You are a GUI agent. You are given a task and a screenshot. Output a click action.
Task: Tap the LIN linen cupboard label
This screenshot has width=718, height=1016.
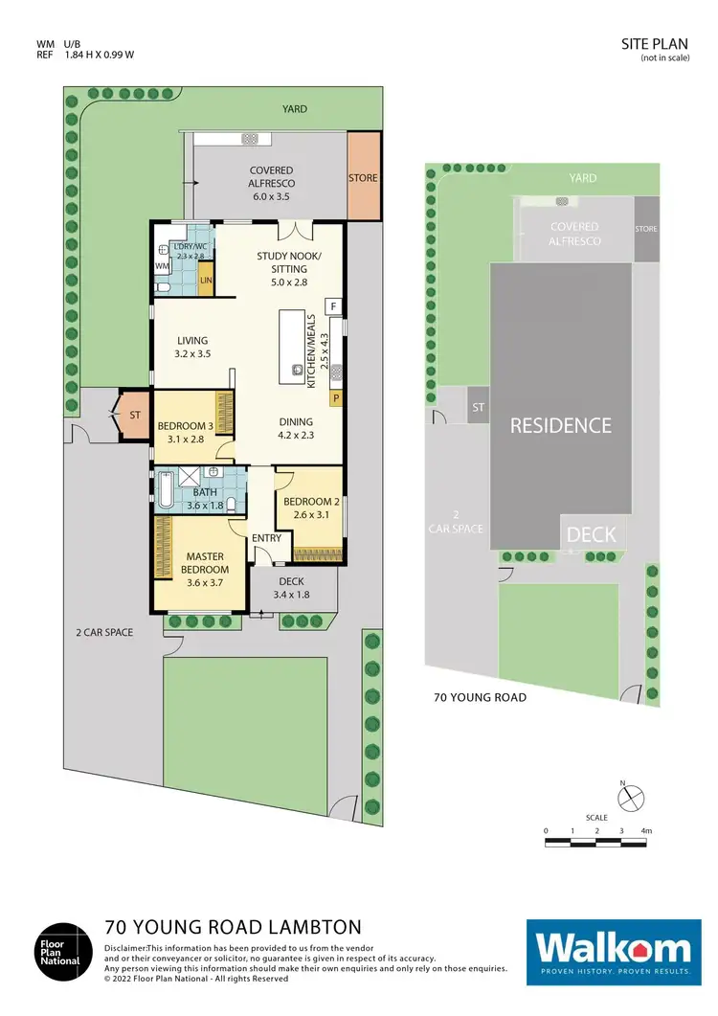(x=206, y=281)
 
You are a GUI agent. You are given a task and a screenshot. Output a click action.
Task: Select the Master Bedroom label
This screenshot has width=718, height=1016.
(x=204, y=563)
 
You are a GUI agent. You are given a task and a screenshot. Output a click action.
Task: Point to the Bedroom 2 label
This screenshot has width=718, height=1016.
(x=309, y=507)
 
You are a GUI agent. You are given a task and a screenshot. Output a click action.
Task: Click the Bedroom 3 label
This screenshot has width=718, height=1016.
(x=183, y=432)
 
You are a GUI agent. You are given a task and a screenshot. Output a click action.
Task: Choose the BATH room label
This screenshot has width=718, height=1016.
(x=204, y=499)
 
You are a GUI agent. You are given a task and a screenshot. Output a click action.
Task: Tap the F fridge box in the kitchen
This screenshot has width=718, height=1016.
(x=332, y=306)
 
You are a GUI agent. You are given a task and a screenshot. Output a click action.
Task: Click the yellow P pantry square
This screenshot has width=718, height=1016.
(x=336, y=397)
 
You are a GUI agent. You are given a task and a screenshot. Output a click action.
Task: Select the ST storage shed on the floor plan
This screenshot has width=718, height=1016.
(x=135, y=416)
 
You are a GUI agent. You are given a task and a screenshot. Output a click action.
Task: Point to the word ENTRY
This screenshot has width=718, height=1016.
(x=266, y=538)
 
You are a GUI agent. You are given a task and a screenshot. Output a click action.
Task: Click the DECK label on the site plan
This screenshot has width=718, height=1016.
(x=592, y=534)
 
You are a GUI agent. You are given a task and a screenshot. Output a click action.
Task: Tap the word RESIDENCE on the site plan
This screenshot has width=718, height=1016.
(x=560, y=425)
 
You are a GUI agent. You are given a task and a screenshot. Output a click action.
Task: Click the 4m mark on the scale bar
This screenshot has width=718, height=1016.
(x=647, y=830)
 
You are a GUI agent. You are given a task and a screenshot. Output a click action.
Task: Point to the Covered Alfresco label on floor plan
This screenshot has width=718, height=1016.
(x=271, y=183)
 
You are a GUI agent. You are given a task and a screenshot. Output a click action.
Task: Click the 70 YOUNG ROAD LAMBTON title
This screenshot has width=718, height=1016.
(x=233, y=927)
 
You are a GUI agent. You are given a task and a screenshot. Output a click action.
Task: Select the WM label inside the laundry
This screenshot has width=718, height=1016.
(x=163, y=264)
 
